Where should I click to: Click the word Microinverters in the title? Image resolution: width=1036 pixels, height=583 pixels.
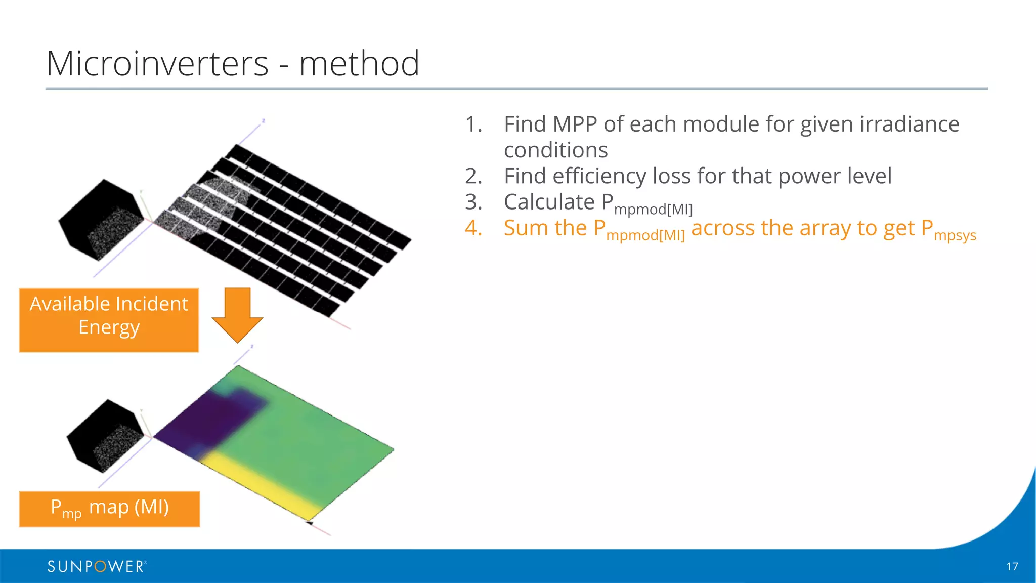tap(157, 64)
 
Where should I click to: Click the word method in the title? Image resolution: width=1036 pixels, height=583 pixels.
tap(359, 64)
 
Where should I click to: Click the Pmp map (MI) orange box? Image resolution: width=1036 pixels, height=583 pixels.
tap(109, 509)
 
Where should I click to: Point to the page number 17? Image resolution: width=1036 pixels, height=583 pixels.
tap(1012, 567)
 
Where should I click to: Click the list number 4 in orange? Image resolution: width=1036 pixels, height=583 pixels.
tap(473, 228)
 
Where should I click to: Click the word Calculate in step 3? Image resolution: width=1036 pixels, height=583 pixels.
tap(549, 202)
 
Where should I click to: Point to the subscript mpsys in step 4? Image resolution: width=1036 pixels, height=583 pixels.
tap(955, 236)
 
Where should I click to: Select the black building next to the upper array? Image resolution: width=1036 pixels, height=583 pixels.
tap(101, 220)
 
